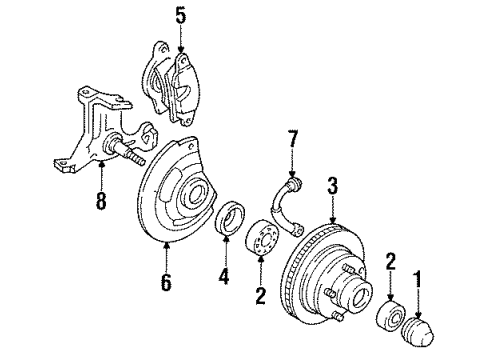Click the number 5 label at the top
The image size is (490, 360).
tap(180, 15)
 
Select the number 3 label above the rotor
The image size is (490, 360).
tap(332, 185)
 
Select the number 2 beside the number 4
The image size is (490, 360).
tap(261, 296)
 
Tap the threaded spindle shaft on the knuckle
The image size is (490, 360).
tap(131, 155)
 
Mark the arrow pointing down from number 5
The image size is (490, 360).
tap(180, 40)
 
